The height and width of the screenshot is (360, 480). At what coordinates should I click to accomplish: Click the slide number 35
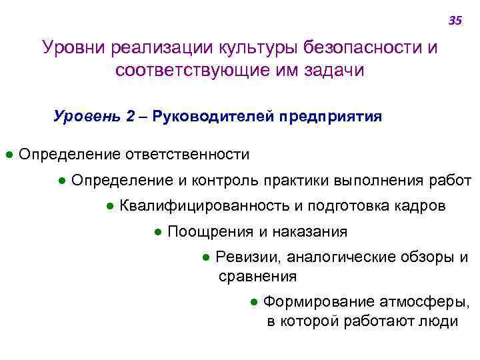click(455, 21)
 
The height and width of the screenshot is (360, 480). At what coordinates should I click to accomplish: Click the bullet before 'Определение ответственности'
click(9, 155)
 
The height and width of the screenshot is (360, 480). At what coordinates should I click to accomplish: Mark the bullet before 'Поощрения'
click(158, 232)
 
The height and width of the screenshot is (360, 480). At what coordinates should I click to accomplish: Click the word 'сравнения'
click(257, 275)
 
